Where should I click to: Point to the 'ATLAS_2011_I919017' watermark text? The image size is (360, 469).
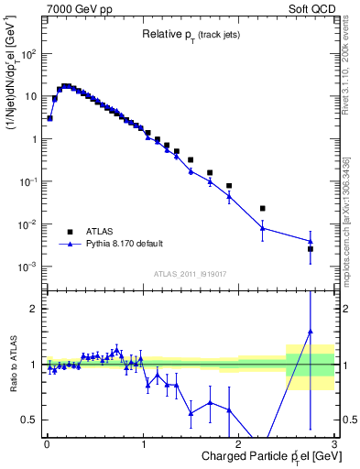(190, 274)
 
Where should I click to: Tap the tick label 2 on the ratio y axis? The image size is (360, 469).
(33, 309)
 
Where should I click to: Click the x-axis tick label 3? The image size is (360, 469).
(334, 444)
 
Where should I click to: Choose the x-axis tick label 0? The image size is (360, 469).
(47, 444)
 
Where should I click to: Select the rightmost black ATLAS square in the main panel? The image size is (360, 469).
(310, 249)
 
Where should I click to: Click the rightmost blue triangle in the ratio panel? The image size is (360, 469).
(310, 332)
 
